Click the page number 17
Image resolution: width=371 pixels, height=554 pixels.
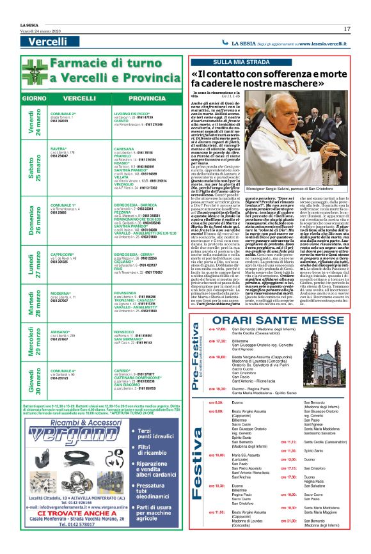coord(347,29)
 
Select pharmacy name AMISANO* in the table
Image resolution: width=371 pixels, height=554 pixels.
coord(60,332)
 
